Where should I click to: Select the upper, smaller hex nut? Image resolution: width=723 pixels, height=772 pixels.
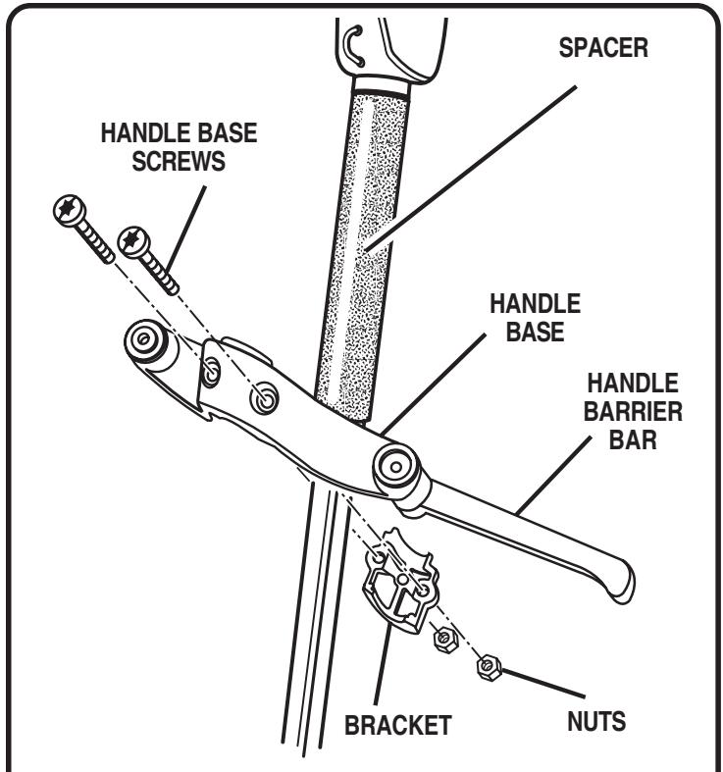point(442,640)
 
